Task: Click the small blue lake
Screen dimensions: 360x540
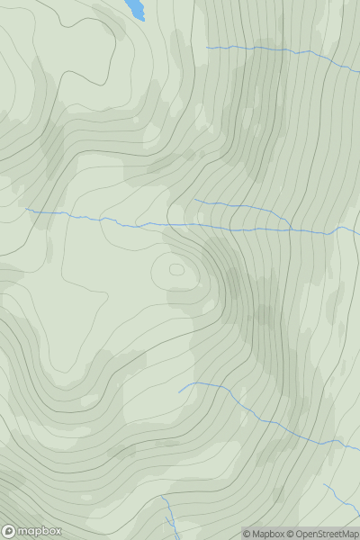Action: pos(135,8)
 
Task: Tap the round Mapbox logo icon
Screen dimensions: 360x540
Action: pos(9,531)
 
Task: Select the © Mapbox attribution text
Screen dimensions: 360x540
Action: pos(265,534)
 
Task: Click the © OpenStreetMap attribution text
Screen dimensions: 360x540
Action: pos(324,534)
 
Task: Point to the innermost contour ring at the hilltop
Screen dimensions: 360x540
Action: pos(176,268)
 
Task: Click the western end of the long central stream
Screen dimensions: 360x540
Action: pos(27,211)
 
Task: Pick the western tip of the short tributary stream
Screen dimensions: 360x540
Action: pos(194,201)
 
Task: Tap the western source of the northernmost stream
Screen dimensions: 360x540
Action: pos(207,47)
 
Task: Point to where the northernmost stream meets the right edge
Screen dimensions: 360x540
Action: pos(359,70)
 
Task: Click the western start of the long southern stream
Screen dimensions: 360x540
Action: pos(179,392)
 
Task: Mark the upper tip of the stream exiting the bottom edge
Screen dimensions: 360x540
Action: pos(162,496)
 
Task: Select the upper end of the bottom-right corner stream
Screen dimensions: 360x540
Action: pos(325,486)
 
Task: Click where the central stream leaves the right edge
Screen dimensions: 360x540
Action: pos(359,226)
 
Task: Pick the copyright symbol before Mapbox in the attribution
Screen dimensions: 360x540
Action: pos(247,534)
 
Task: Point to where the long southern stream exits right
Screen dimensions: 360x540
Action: pos(359,448)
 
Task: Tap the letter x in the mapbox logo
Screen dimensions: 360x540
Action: pos(56,531)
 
